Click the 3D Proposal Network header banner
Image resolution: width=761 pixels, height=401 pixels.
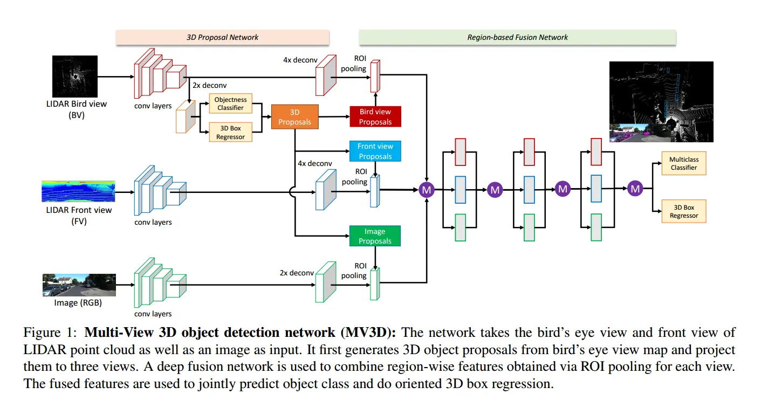point(222,37)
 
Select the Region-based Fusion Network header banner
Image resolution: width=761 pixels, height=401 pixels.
point(517,37)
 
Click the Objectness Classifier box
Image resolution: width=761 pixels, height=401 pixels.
point(230,103)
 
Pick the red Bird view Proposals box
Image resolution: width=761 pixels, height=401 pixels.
point(375,117)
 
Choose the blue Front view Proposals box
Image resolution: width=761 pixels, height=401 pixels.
point(375,151)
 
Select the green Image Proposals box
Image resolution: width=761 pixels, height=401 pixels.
point(375,236)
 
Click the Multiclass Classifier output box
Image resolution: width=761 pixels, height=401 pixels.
point(683,163)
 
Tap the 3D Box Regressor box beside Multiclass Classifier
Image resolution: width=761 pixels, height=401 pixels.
point(683,211)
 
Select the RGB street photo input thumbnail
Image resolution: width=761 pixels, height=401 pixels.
point(79,285)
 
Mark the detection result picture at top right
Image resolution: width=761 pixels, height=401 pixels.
point(661,102)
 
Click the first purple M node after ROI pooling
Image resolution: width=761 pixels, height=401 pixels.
point(427,189)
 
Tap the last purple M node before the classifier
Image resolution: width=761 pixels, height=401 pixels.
point(635,189)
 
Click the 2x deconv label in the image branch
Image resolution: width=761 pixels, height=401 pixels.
point(297,273)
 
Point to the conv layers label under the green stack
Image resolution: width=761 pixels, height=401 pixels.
point(153,314)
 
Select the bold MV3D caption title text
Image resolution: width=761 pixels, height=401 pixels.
point(241,332)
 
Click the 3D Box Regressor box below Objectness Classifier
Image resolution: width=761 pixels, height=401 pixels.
point(230,133)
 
